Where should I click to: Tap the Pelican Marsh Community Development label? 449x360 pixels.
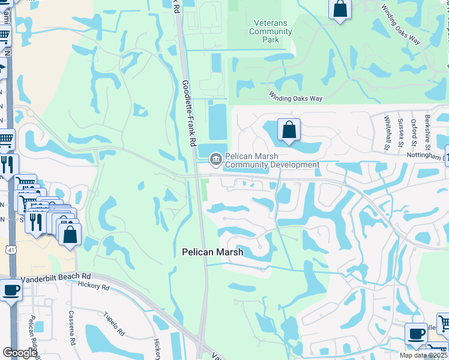[x=272, y=160]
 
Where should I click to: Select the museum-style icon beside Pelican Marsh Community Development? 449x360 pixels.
[x=215, y=160]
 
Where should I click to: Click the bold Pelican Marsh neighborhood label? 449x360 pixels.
[x=212, y=253]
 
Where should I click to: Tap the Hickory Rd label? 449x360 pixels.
[x=93, y=286]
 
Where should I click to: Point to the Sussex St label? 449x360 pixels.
[x=400, y=132]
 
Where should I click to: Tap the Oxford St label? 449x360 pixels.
[x=414, y=132]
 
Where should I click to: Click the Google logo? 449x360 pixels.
[x=20, y=353]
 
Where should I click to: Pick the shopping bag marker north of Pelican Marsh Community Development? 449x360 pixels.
[x=289, y=130]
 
